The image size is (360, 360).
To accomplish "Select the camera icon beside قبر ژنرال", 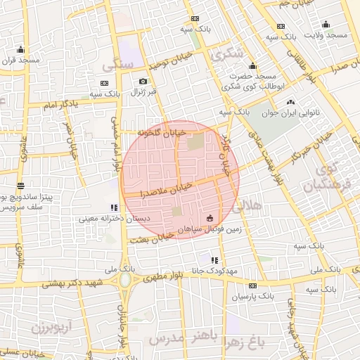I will coord(143,82).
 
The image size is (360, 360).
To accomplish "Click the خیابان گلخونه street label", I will coord(161,131).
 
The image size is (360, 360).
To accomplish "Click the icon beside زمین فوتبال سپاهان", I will coord(210,219).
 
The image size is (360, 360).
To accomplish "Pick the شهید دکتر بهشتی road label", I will coord(71,283).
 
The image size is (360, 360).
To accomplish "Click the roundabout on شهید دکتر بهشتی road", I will coord(127,279).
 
